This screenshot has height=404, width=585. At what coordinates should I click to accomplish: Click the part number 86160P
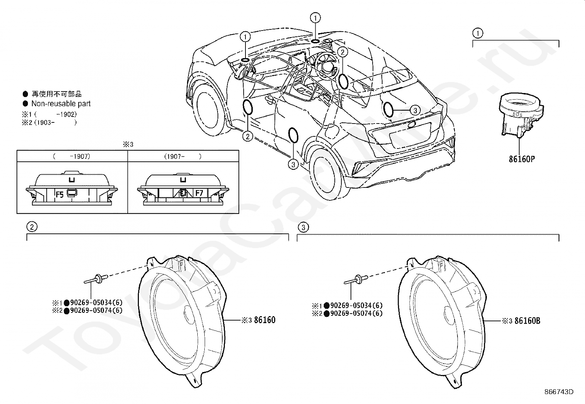(522, 159)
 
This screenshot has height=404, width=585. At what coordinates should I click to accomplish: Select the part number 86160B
(527, 321)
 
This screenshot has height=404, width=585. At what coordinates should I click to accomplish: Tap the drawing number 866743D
(559, 392)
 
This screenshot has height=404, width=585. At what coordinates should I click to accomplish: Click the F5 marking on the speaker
(60, 194)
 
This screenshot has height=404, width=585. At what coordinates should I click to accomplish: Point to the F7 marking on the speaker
(199, 193)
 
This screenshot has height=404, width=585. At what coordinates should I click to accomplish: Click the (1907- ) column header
(183, 156)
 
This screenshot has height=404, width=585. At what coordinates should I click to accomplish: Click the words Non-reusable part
(61, 104)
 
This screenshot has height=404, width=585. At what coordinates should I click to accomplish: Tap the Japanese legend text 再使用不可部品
(57, 94)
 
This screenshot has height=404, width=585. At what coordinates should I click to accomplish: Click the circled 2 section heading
(32, 227)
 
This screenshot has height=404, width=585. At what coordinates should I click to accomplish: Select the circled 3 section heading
(303, 228)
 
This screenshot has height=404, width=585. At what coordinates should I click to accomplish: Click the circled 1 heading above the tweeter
(477, 33)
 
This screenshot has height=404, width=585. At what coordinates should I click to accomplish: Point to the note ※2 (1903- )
(50, 122)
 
